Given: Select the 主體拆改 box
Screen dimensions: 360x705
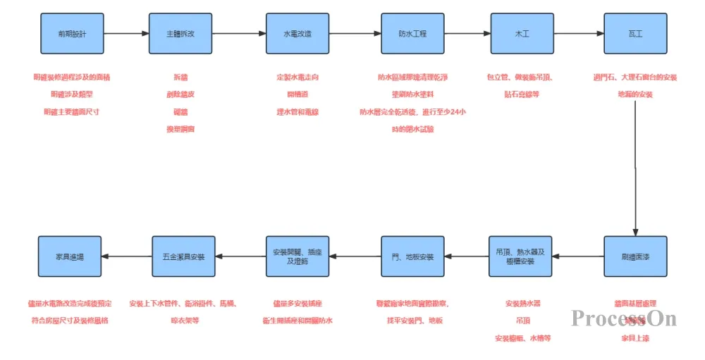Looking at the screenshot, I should tap(180, 33).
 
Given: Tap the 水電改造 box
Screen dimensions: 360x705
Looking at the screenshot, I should tap(297, 33).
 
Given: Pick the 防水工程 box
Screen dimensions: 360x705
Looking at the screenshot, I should tap(412, 33).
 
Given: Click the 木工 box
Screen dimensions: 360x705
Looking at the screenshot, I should tap(522, 33).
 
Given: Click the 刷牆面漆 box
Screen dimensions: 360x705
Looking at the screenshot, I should tap(635, 256).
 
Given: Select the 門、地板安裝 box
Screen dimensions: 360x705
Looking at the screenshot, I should tap(412, 256).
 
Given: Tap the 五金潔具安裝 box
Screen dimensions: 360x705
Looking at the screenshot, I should tap(183, 256).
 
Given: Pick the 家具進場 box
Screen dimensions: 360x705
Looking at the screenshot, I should tap(69, 256).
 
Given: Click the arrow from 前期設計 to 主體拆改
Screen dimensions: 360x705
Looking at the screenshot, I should tap(125, 33).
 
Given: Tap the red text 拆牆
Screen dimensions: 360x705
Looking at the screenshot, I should tap(180, 77).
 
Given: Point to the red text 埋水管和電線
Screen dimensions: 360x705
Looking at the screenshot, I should tap(297, 112).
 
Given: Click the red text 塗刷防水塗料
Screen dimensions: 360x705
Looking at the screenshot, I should tap(412, 94).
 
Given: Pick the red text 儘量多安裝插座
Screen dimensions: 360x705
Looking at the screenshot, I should tap(297, 304).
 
